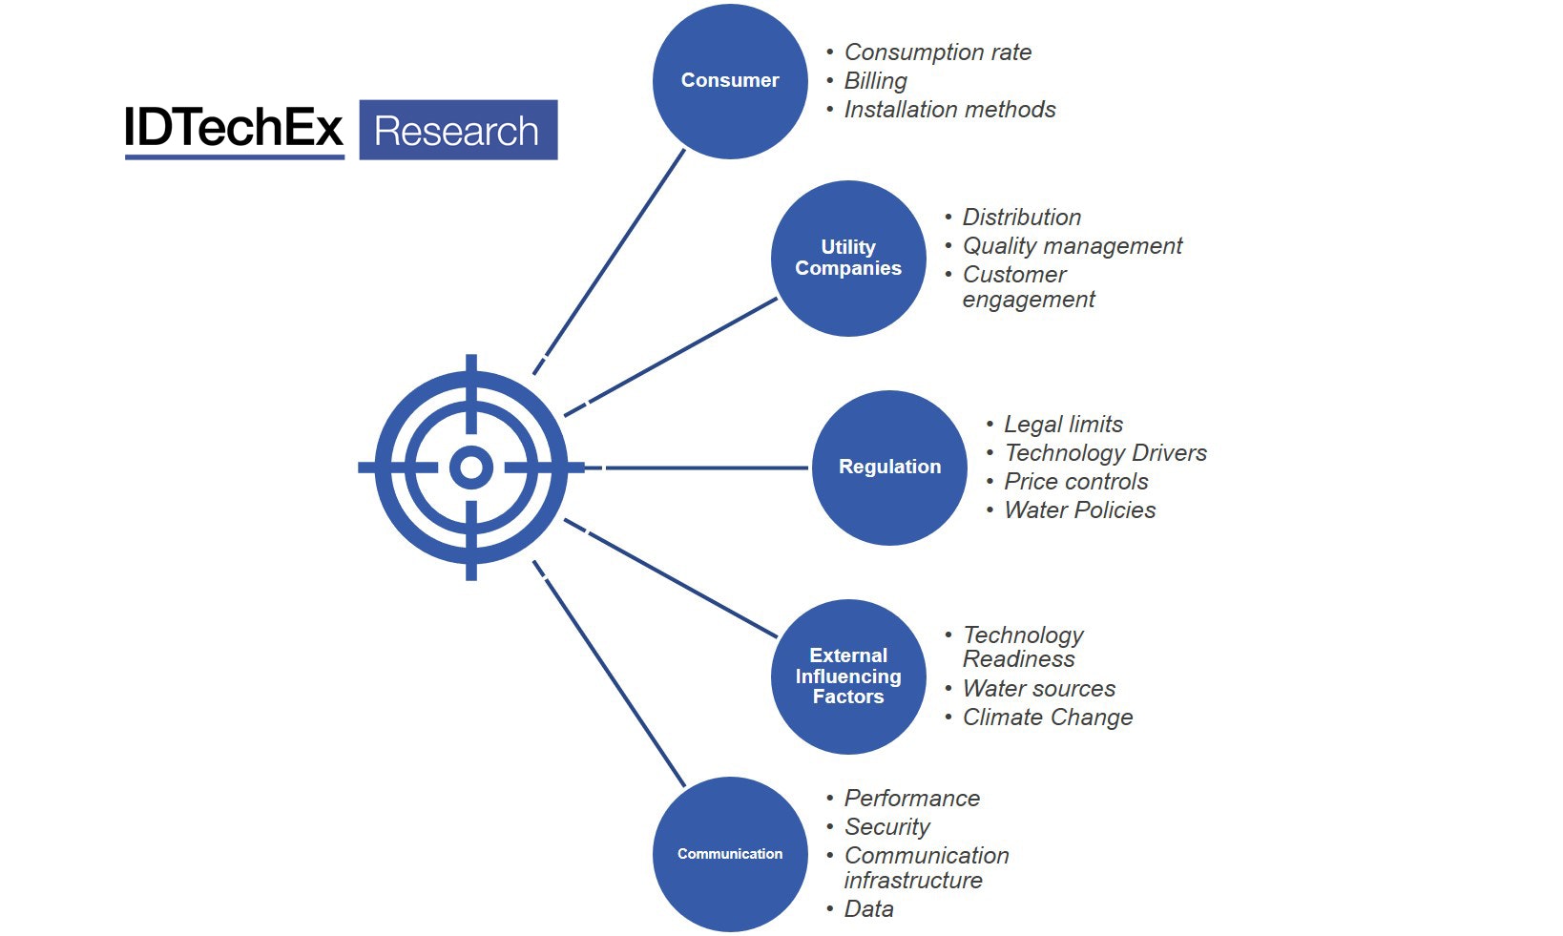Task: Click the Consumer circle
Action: point(730,81)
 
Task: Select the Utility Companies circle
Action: point(848,258)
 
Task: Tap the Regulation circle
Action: point(889,468)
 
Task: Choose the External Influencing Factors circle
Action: point(848,676)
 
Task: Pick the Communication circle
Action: point(730,854)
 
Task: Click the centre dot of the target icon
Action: point(471,468)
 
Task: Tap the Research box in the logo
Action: point(458,130)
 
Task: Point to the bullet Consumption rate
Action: point(937,52)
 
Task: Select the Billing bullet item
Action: point(875,81)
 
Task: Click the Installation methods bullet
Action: point(949,110)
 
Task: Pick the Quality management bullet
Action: point(1072,246)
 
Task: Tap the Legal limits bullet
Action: point(1063,425)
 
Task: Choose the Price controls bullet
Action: point(1075,482)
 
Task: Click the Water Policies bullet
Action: point(1079,510)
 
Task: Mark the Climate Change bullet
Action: point(1048,718)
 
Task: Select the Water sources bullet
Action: point(1038,689)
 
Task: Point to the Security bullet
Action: point(886,827)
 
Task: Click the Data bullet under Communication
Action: point(868,909)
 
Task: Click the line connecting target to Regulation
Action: point(706,468)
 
